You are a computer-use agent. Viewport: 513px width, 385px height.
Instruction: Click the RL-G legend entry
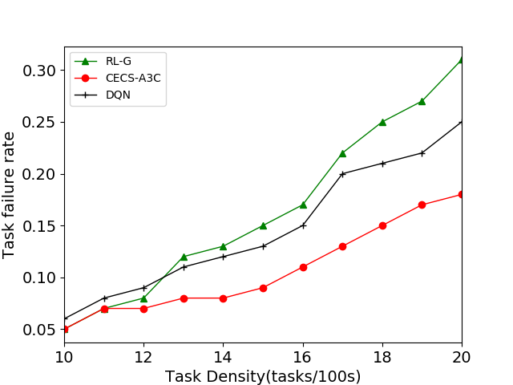[117, 62]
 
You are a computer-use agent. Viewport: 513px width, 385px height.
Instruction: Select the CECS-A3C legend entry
[125, 78]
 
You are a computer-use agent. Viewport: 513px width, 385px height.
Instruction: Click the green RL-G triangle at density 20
[462, 60]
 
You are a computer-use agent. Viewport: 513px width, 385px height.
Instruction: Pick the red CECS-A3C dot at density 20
[462, 194]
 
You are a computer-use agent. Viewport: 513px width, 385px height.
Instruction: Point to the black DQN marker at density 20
[462, 122]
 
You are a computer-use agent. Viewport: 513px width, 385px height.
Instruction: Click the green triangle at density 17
[342, 153]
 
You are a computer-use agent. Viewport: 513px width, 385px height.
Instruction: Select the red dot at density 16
[303, 267]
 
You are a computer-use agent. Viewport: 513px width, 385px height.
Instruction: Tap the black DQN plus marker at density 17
[342, 173]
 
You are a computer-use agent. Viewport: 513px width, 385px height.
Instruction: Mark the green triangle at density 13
[184, 257]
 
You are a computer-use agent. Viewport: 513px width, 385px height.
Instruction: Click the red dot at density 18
[382, 225]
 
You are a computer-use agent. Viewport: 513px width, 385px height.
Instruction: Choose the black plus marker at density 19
[422, 153]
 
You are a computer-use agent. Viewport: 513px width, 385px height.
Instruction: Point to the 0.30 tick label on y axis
[40, 71]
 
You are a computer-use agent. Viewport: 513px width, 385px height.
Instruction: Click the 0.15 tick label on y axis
[40, 225]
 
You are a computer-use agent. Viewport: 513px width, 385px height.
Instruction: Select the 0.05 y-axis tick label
[40, 329]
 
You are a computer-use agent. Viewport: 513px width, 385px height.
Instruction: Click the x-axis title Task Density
[263, 376]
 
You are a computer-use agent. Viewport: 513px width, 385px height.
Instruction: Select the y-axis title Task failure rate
[10, 196]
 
